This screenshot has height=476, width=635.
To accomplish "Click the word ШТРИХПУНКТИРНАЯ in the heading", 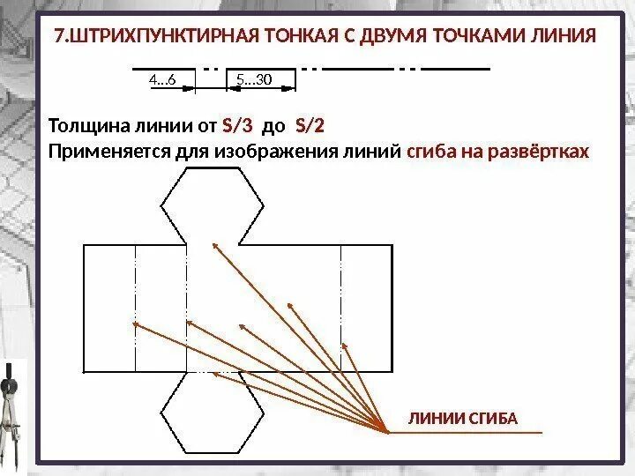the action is point(158,37).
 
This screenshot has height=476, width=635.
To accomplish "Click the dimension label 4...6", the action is point(163,81).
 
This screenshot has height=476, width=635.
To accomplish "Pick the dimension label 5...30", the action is point(254,81).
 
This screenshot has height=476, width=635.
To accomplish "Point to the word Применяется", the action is point(103,151).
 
